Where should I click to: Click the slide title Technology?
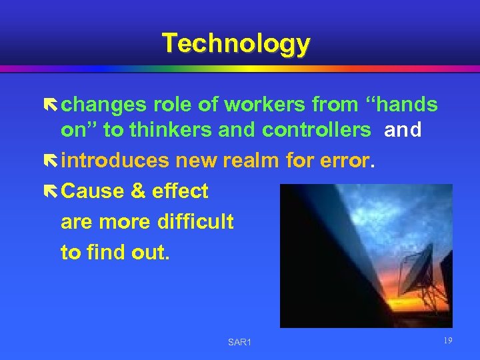tap(236, 43)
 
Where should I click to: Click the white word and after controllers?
tap(403, 130)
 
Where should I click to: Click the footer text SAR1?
tap(239, 343)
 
